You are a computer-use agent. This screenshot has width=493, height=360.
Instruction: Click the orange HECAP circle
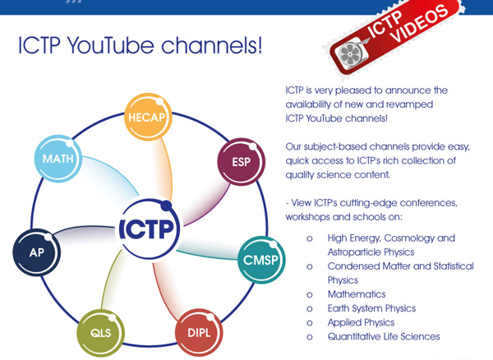point(148,117)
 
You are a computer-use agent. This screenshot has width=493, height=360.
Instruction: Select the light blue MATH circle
point(58,159)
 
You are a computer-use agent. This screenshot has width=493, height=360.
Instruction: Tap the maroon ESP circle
point(241,162)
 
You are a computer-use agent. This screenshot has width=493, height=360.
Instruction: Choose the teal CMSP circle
point(261,260)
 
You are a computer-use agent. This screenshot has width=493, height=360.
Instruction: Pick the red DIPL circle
point(199,333)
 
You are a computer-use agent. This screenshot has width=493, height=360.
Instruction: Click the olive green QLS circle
point(100,333)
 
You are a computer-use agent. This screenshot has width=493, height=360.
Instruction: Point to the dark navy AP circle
point(36,252)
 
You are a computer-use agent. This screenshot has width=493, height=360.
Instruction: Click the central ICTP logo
point(148,228)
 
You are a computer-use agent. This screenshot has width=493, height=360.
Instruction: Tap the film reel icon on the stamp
point(350,55)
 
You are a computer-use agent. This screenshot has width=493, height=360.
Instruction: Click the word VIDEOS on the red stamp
point(421,25)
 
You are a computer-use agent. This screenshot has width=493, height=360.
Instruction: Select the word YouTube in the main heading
point(111,46)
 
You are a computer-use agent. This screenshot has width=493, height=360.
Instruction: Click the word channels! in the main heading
point(212,45)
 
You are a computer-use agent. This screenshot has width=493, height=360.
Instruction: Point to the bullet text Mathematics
point(357,294)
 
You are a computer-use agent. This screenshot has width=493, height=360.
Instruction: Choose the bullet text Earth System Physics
point(371,308)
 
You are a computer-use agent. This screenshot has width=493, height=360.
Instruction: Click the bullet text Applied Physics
point(361,322)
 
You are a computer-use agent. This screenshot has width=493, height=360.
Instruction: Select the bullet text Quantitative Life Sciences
point(384,337)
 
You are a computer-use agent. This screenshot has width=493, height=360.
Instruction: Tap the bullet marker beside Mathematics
point(310,295)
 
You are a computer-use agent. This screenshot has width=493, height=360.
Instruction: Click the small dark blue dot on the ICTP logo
point(166,205)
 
